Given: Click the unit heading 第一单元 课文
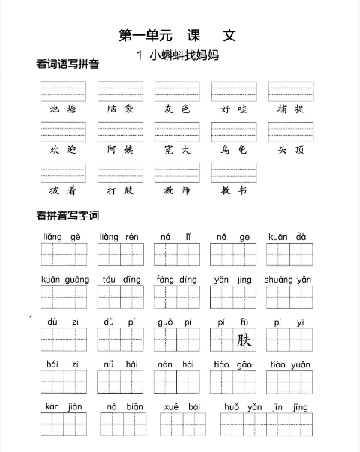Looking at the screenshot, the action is [x=178, y=35].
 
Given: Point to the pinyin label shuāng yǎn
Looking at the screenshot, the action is [x=288, y=280].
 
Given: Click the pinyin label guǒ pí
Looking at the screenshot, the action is [x=175, y=322].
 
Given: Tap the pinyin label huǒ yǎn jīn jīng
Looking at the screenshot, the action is [x=266, y=407].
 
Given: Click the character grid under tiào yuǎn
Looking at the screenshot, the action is [x=288, y=382].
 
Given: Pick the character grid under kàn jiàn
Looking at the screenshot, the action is [x=64, y=425].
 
